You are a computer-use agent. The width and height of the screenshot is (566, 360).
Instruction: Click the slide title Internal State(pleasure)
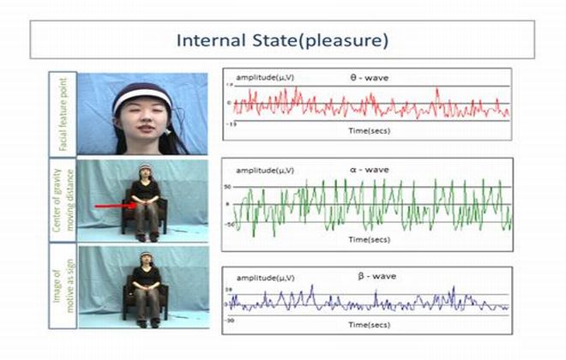pyautogui.click(x=282, y=40)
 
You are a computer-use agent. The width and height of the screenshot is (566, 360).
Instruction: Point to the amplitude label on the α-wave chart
pyautogui.click(x=258, y=171)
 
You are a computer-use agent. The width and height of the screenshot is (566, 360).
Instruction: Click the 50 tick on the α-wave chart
pyautogui.click(x=230, y=186)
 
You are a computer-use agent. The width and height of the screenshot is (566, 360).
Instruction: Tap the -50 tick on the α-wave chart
pyautogui.click(x=230, y=224)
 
